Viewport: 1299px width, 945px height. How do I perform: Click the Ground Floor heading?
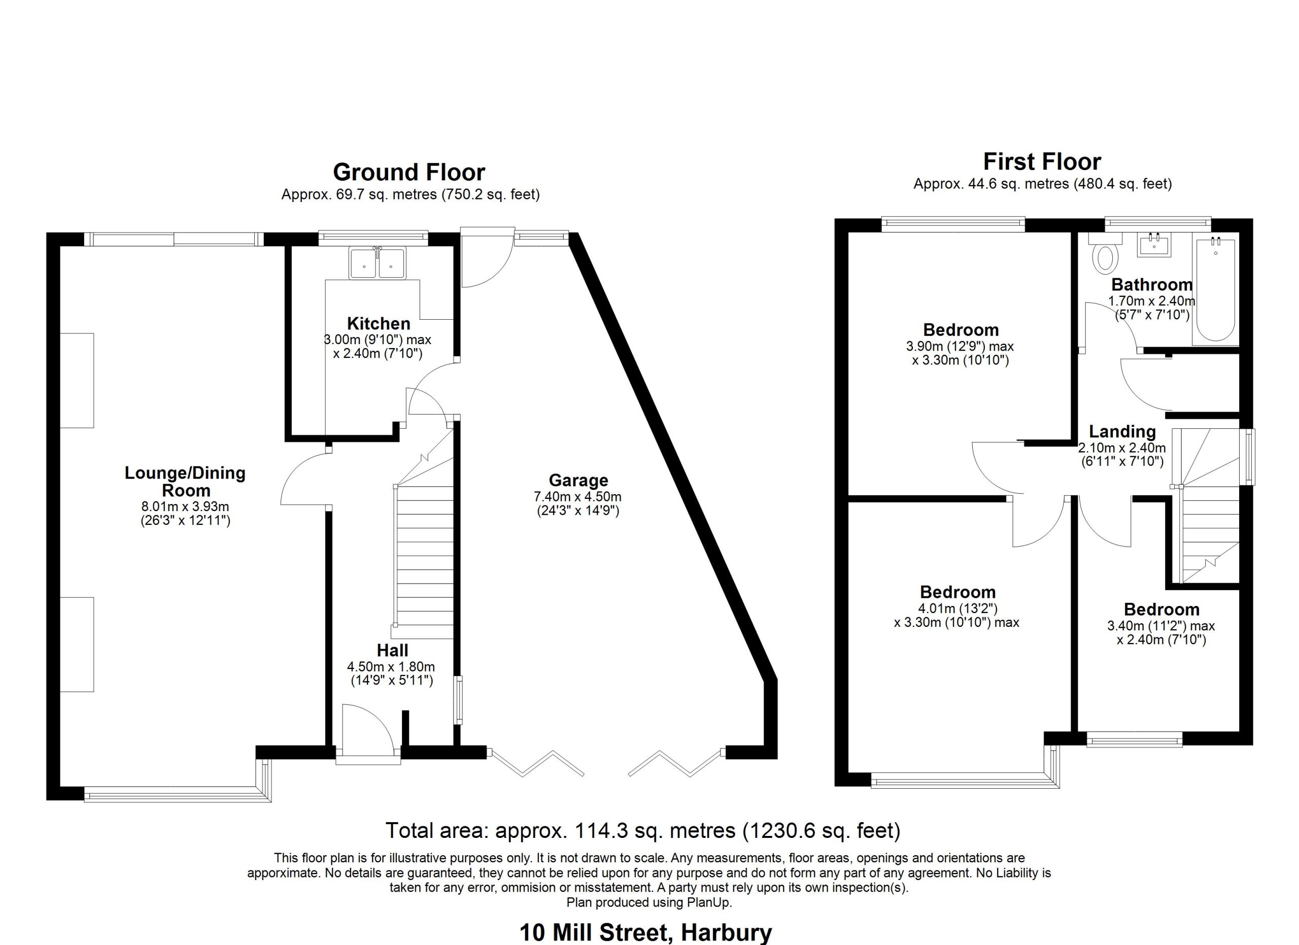[x=409, y=173]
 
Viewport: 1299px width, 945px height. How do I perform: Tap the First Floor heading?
[x=1042, y=162]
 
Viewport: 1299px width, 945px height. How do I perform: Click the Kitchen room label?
[x=379, y=324]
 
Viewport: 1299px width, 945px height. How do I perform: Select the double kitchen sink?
[x=377, y=263]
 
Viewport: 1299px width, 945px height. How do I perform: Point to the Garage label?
[x=578, y=481]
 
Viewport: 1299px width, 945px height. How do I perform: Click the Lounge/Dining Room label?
[x=185, y=482]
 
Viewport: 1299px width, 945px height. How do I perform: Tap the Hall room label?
[x=392, y=651]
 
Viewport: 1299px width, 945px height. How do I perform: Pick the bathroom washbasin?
[x=1154, y=245]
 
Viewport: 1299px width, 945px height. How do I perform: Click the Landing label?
[x=1122, y=432]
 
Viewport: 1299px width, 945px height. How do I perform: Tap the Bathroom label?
[x=1152, y=285]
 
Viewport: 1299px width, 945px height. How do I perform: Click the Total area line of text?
[x=642, y=830]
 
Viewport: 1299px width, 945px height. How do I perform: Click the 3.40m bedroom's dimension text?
[x=1161, y=633]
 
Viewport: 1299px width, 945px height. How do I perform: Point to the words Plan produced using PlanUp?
[x=649, y=902]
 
